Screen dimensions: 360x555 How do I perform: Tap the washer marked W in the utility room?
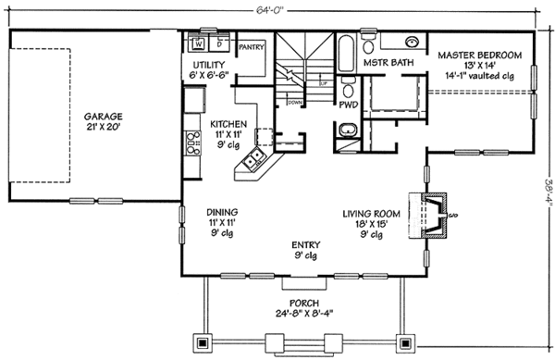click(x=200, y=43)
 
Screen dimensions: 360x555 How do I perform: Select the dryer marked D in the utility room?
click(x=219, y=43)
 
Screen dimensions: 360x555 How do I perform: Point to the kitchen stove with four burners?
click(x=194, y=142)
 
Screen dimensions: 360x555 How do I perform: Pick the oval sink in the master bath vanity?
click(x=411, y=42)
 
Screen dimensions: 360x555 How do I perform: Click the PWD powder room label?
click(x=347, y=106)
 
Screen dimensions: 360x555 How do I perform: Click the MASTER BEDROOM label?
click(x=479, y=55)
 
